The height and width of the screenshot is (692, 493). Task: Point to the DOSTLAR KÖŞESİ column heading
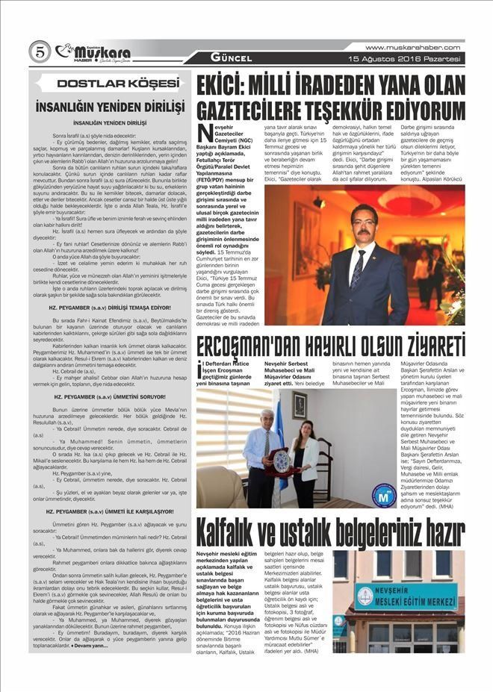coord(109,83)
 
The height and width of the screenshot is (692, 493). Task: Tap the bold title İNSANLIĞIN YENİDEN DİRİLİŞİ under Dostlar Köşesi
coord(109,103)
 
